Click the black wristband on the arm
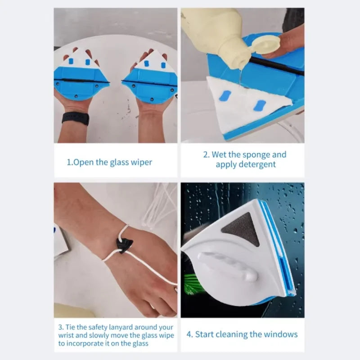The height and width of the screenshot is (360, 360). pos(75,118)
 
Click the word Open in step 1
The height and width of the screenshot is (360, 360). pos(84,162)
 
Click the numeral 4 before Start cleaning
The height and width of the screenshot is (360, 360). pos(189,334)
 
